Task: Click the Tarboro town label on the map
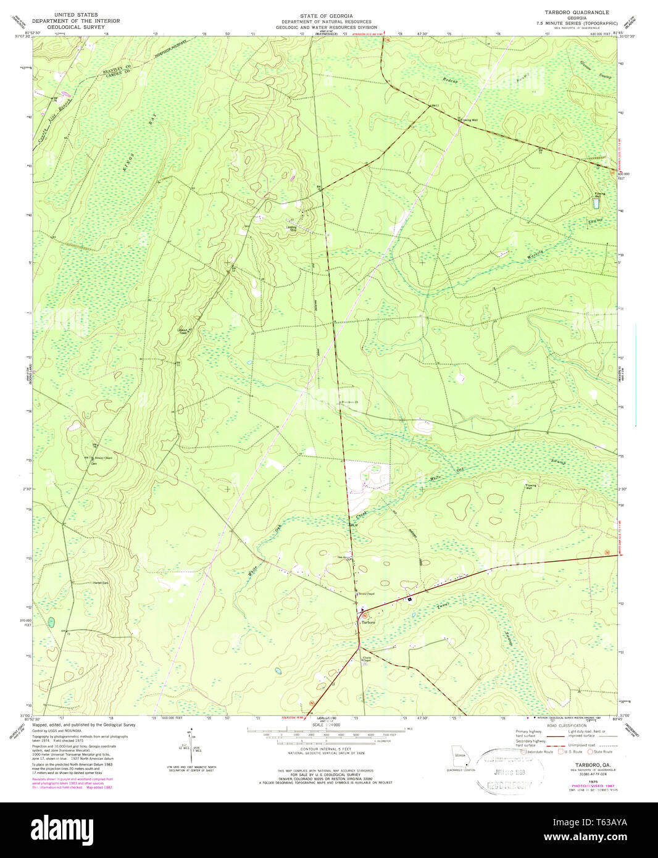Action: click(368, 622)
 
